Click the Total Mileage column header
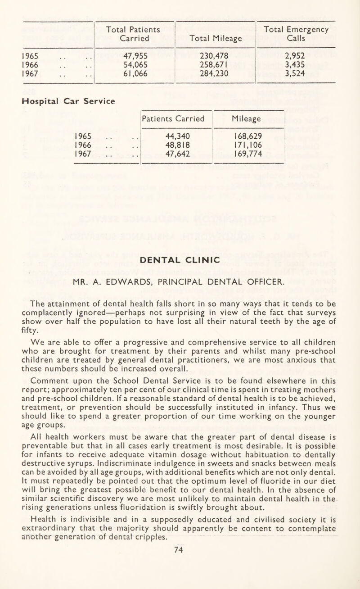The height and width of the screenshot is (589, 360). coord(215,39)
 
